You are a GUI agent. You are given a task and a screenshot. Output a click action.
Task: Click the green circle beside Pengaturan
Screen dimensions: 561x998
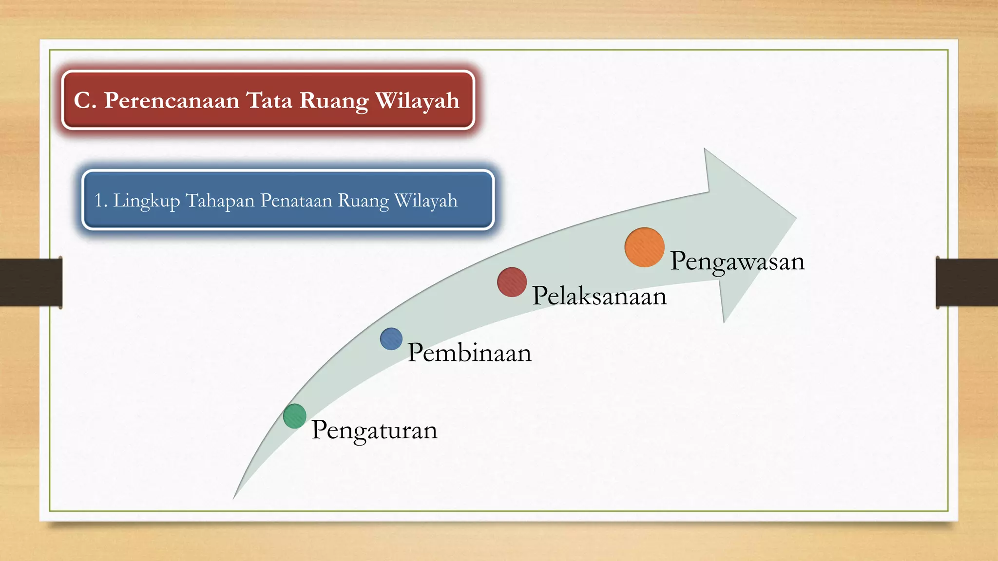coord(295,416)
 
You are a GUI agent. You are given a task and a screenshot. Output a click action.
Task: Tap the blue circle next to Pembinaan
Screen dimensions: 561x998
coord(391,339)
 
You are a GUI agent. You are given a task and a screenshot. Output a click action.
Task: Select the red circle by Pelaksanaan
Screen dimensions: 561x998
coord(512,282)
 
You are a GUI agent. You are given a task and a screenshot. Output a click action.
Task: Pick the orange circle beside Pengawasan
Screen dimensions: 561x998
coord(644,247)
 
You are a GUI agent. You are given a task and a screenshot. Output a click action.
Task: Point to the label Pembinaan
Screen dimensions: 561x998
coord(469,353)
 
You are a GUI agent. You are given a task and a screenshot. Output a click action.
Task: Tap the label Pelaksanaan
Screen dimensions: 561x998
coord(599,296)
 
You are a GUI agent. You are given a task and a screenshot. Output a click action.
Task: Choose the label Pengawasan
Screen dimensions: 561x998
coord(737,262)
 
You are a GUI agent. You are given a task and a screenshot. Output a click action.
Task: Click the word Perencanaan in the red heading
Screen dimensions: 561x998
coord(172,100)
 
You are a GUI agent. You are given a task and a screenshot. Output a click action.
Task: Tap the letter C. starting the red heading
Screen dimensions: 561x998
coord(85,100)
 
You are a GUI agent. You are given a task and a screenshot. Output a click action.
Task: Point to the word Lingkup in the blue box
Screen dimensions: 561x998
coord(146,201)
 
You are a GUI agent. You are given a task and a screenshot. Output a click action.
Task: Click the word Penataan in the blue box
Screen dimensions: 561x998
coord(296,200)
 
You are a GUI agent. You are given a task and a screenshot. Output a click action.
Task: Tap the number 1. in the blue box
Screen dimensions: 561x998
coord(100,200)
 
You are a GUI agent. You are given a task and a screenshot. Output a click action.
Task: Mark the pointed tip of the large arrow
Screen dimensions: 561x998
coord(795,218)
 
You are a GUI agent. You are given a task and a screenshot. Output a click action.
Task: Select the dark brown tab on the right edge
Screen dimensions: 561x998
coord(967,282)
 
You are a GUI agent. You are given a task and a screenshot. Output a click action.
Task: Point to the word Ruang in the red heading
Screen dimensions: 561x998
coord(334,101)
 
